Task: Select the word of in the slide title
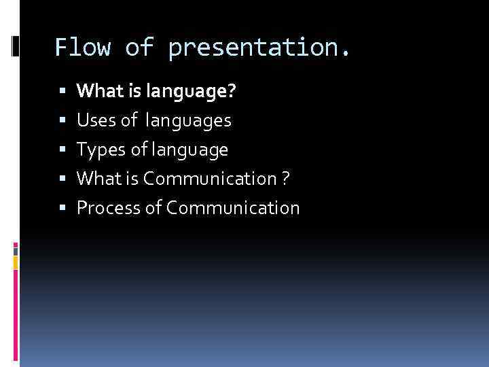pos(140,48)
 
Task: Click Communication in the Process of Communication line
pos(232,208)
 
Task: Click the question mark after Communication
pos(287,179)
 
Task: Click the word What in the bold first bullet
pos(96,91)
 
